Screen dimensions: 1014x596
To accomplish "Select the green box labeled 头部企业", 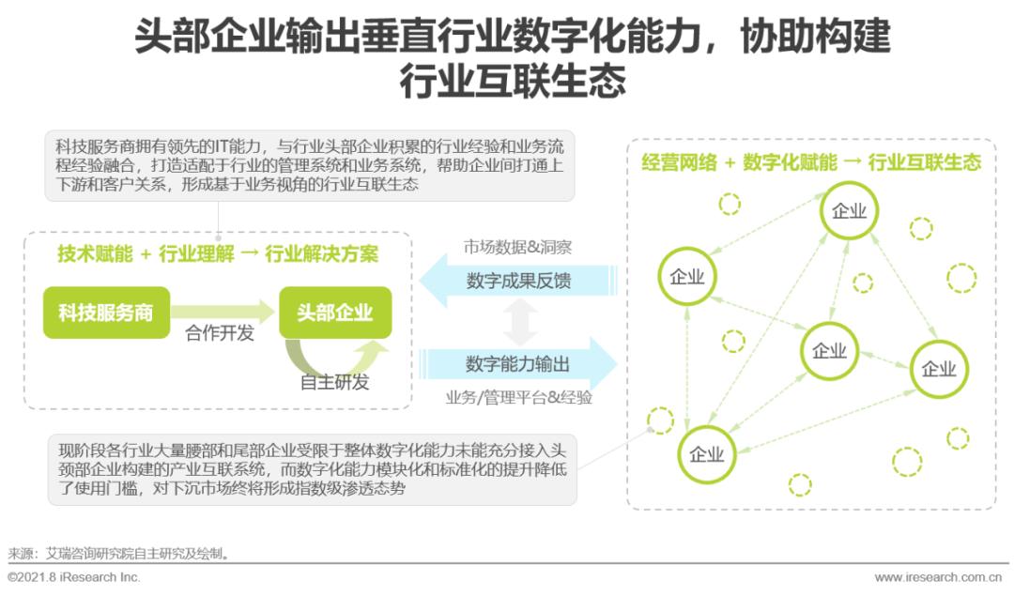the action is pyautogui.click(x=334, y=313).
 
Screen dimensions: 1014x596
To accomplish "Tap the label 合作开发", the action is pyautogui.click(x=220, y=333).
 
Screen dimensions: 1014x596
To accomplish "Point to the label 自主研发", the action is pyautogui.click(x=335, y=382).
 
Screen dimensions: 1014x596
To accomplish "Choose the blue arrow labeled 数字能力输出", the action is pyautogui.click(x=518, y=363).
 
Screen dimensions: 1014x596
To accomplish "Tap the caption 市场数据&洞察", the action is pyautogui.click(x=517, y=248).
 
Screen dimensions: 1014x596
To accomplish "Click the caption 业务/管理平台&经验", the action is pyautogui.click(x=518, y=397).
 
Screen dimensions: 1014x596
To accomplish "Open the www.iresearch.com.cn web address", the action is pyautogui.click(x=938, y=577).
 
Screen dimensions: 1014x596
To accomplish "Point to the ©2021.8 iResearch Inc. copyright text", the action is pyautogui.click(x=74, y=577).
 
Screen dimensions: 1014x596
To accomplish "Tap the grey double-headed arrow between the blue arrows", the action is pyautogui.click(x=519, y=322).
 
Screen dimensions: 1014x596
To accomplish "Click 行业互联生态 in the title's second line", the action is pyautogui.click(x=513, y=81).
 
